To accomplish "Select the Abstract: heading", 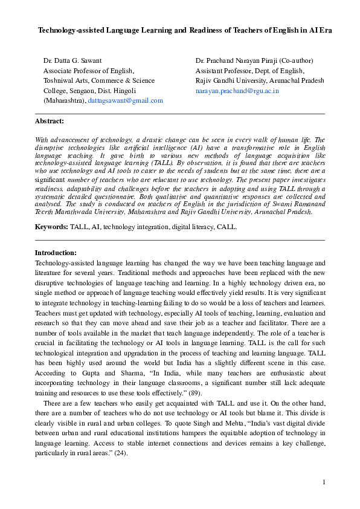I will pyautogui.click(x=50, y=121).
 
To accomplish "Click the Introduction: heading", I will pyautogui.click(x=56, y=253).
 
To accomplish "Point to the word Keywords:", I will pyautogui.click(x=51, y=227).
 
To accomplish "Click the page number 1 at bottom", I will pyautogui.click(x=324, y=482).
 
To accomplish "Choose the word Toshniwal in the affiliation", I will pyautogui.click(x=59, y=81).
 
